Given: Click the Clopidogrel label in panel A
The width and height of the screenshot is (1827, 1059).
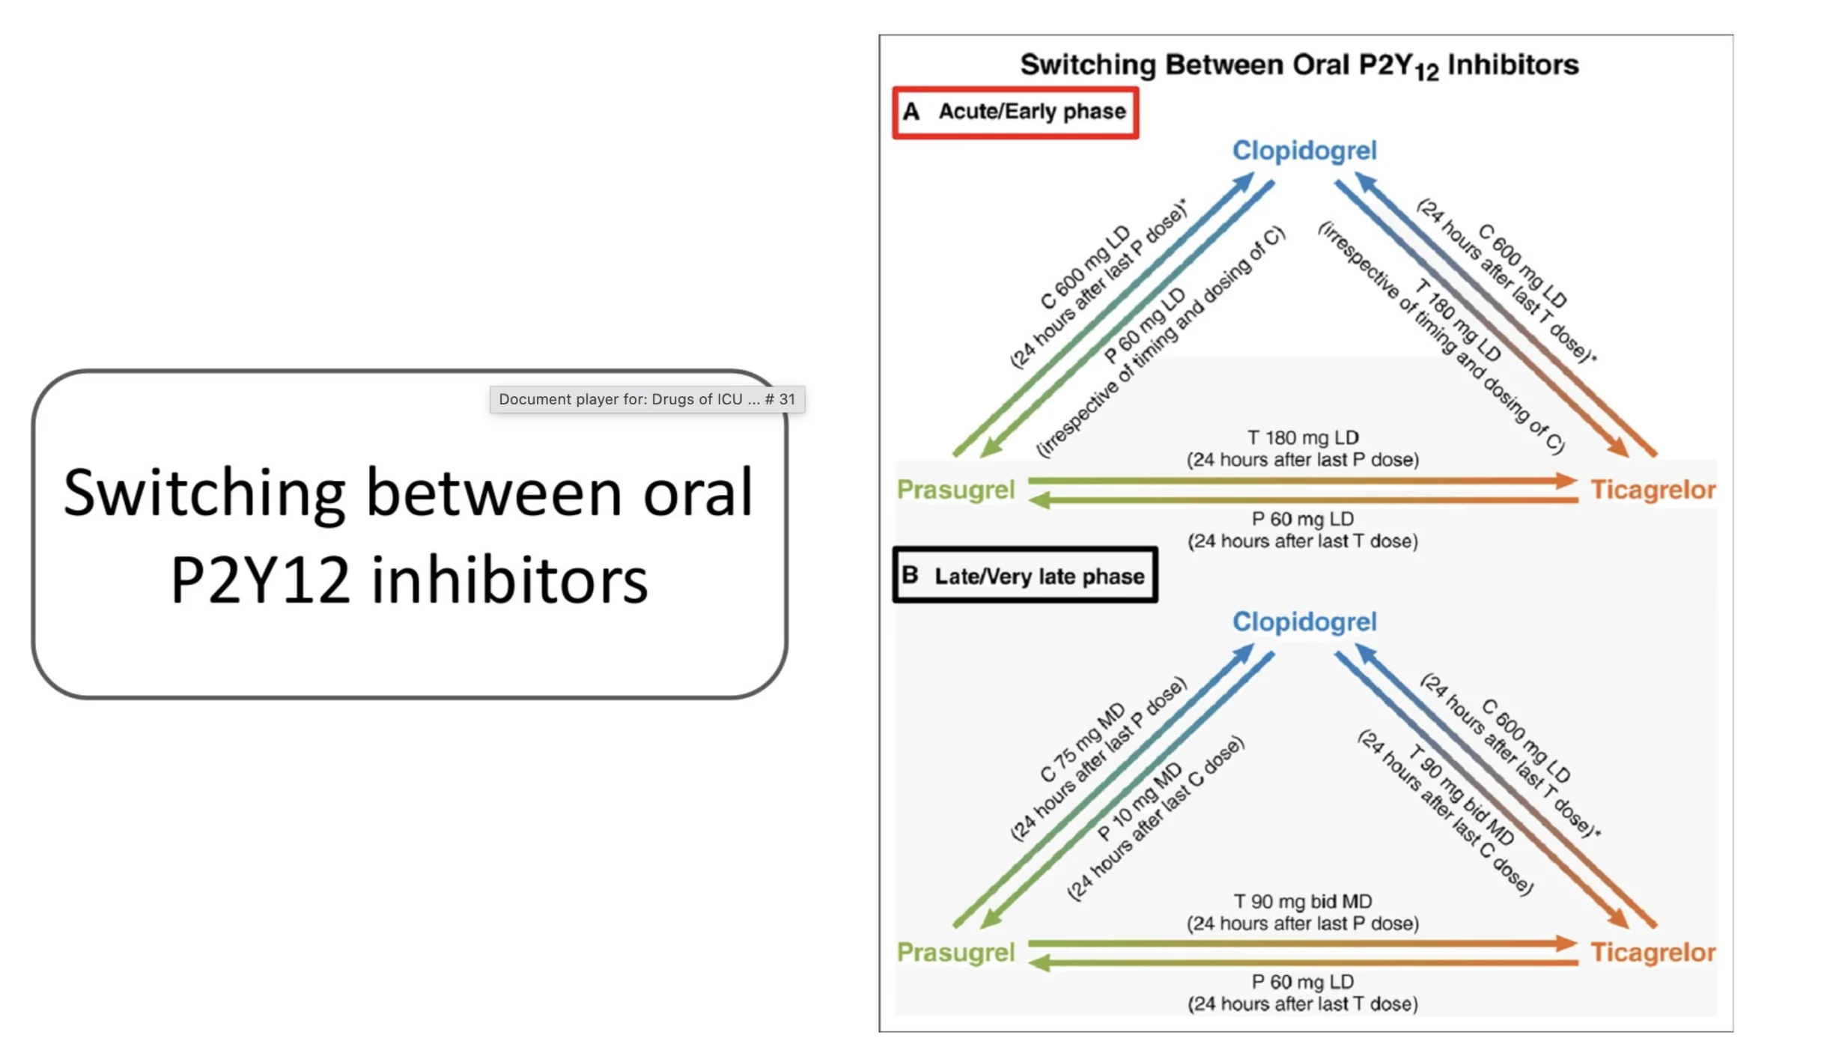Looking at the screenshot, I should (x=1304, y=151).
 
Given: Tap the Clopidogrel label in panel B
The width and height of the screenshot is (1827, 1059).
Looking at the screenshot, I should (x=1304, y=622).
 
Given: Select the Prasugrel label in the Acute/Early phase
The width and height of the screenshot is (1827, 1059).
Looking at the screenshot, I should (x=955, y=490).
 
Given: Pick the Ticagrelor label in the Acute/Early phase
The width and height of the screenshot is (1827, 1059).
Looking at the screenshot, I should (x=1653, y=490).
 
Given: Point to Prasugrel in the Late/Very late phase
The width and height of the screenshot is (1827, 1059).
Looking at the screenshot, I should (x=955, y=953).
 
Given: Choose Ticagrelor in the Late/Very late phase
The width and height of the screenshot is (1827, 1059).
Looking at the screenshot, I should (x=1653, y=953).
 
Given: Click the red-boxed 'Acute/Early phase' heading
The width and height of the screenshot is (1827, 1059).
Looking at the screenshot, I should (x=1032, y=112).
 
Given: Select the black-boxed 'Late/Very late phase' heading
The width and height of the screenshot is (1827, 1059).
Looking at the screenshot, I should (x=1039, y=576).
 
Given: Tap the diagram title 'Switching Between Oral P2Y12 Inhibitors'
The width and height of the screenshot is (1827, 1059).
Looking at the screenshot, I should (x=1299, y=65).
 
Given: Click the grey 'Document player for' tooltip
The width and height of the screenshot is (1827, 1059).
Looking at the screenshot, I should (x=647, y=399).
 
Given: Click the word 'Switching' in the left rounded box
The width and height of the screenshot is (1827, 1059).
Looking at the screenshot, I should (x=204, y=493).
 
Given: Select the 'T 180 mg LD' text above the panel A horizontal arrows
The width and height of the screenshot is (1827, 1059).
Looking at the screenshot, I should (x=1303, y=437).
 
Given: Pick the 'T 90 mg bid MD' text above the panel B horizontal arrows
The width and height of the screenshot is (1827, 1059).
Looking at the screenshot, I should (x=1303, y=901).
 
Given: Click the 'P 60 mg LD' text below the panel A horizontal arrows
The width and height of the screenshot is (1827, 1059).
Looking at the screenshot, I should (x=1303, y=518).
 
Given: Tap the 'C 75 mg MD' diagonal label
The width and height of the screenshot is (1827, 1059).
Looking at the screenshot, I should (x=1083, y=743).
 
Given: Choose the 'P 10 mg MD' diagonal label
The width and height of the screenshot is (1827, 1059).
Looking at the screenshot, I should (x=1140, y=801).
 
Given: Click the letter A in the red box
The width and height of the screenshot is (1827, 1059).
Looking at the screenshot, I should (x=911, y=112).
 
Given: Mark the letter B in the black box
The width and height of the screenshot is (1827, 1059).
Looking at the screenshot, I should (x=910, y=575).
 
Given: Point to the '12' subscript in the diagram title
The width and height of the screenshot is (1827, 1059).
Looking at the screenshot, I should (x=1426, y=73).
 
